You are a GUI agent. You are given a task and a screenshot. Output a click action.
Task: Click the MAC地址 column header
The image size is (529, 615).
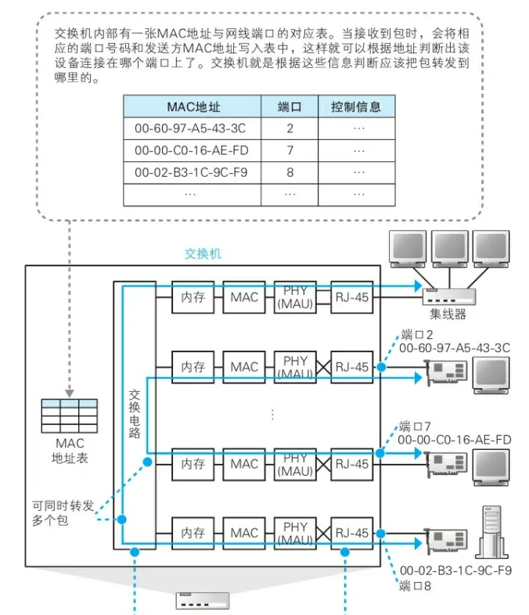coord(195,106)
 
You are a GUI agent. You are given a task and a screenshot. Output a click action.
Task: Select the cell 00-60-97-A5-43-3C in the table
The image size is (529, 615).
coord(195,128)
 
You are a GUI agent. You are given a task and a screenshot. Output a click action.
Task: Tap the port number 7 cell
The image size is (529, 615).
coord(290,149)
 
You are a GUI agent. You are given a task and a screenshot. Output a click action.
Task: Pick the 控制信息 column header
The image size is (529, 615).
coord(358,106)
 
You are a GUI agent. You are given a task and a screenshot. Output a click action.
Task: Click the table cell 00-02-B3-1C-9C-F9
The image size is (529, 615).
coord(195,171)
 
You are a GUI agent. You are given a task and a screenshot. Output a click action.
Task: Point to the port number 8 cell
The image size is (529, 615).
coord(290,171)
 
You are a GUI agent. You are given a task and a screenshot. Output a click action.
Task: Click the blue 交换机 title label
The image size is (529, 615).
coord(203,254)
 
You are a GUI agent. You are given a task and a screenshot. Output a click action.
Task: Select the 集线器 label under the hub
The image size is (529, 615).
coord(448,315)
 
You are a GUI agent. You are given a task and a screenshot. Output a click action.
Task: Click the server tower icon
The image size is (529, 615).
coord(489,532)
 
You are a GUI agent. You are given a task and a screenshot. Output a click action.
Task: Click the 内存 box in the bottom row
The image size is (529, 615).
coord(193,533)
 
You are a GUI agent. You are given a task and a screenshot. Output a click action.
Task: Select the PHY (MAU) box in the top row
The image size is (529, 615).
coord(295,297)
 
